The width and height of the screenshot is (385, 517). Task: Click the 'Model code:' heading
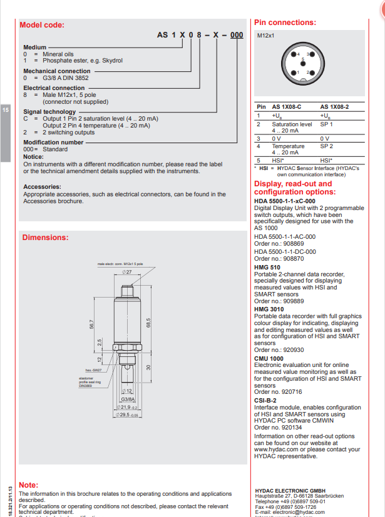[43, 25]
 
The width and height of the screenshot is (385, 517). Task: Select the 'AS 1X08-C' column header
[287, 107]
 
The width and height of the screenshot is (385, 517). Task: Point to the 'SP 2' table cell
[327, 146]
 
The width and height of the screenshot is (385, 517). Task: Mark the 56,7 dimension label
[91, 325]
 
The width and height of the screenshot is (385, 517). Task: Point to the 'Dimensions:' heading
[45, 238]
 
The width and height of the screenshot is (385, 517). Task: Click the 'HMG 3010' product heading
[269, 309]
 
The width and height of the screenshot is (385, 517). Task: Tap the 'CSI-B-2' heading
[265, 399]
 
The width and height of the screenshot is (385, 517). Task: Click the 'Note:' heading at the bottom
[29, 484]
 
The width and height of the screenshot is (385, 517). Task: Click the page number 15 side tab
[6, 110]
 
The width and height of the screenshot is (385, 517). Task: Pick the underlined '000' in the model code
[236, 36]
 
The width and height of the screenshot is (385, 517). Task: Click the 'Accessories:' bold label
[42, 187]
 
